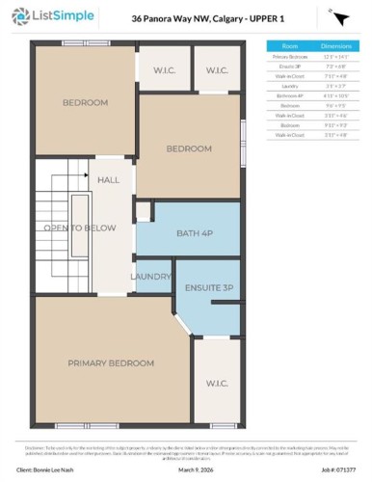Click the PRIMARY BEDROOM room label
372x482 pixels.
tap(110, 362)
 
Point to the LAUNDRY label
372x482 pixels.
tap(150, 278)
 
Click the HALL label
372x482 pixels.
tap(108, 179)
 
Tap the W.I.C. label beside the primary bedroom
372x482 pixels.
tap(217, 384)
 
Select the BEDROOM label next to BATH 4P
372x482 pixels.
tap(188, 148)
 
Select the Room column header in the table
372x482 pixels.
tap(289, 45)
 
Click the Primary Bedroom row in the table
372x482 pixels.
tap(289, 57)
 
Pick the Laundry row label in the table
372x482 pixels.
tap(289, 85)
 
